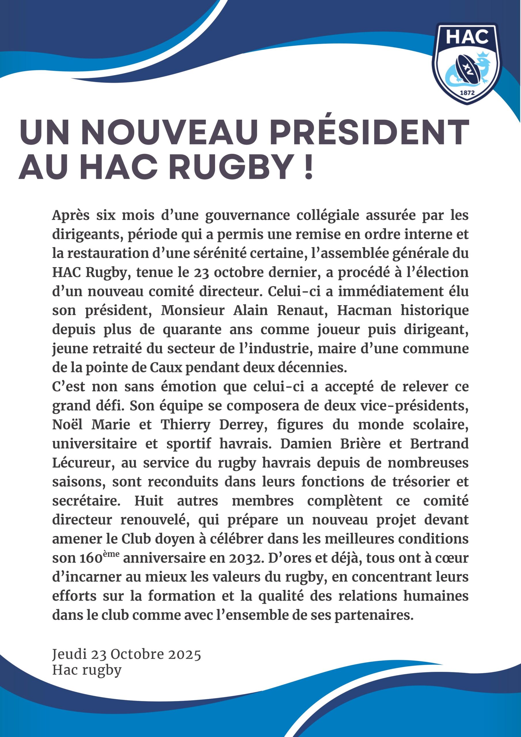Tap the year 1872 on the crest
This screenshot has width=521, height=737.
click(x=467, y=93)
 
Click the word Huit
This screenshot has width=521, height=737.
click(x=149, y=501)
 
